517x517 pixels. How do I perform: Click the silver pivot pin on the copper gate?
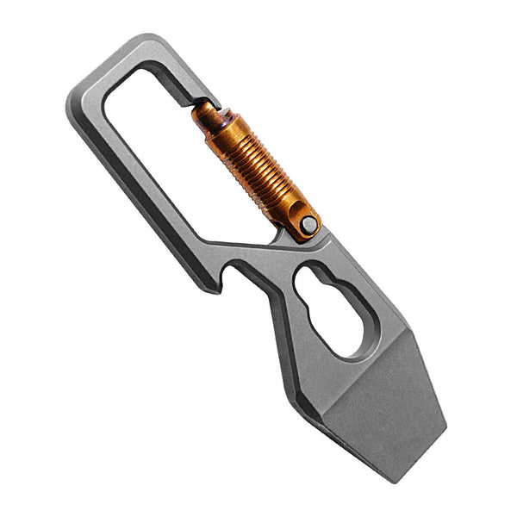(308, 224)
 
